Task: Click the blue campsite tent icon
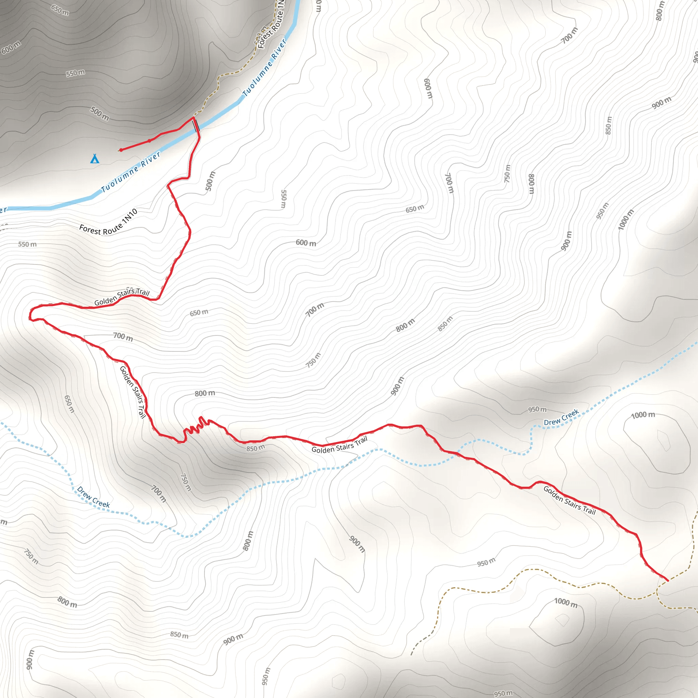95,158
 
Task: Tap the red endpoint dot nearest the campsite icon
121,150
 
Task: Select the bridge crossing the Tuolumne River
196,125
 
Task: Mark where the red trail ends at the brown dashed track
668,580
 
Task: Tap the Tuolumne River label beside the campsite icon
131,172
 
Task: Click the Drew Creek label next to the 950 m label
561,417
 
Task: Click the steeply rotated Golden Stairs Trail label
133,392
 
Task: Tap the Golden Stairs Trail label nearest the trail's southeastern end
570,500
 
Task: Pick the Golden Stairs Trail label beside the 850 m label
339,445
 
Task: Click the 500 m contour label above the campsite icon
100,113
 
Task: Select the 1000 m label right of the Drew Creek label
643,415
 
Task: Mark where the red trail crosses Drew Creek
458,452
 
